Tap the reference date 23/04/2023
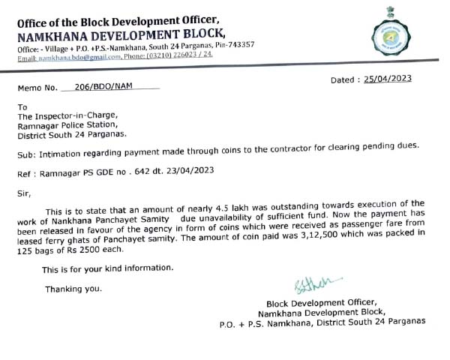tap(190, 171)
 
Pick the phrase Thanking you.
tap(74, 289)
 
